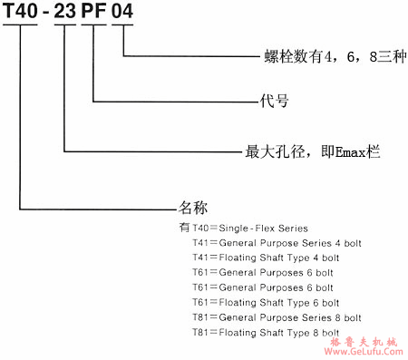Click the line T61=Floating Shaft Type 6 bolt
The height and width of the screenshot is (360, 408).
273,302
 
